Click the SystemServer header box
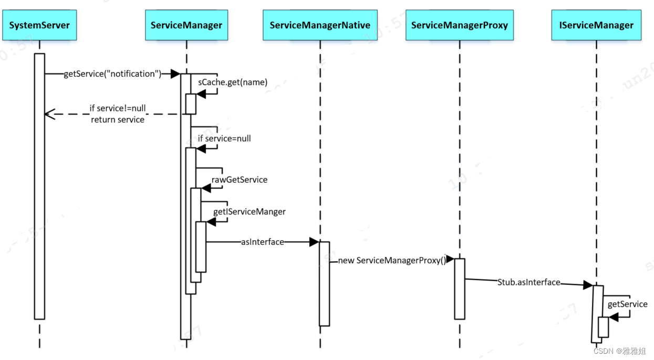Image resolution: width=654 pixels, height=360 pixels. [x=39, y=25]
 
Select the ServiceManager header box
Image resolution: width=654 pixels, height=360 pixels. [x=186, y=25]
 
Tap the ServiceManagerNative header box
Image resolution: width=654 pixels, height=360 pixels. [x=320, y=25]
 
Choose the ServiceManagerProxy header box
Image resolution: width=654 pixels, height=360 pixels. [x=459, y=25]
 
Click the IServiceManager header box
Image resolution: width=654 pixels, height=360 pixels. [x=596, y=25]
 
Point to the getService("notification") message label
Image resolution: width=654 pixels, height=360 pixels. [x=112, y=74]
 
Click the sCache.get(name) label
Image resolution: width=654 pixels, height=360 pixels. [x=233, y=82]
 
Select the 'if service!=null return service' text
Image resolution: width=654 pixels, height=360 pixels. [x=117, y=114]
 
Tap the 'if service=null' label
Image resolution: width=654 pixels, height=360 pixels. [x=224, y=139]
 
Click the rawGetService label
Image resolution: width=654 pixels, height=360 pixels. [x=240, y=180]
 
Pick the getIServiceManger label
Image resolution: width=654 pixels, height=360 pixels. [x=250, y=212]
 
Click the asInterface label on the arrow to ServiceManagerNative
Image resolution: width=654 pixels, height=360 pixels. [x=262, y=242]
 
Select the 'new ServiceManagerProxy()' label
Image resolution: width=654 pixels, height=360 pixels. [x=391, y=261]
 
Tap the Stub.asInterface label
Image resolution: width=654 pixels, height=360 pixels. [x=528, y=283]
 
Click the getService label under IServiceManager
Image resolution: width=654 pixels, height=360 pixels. [x=627, y=304]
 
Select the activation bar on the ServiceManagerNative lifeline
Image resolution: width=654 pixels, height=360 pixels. [x=324, y=284]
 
